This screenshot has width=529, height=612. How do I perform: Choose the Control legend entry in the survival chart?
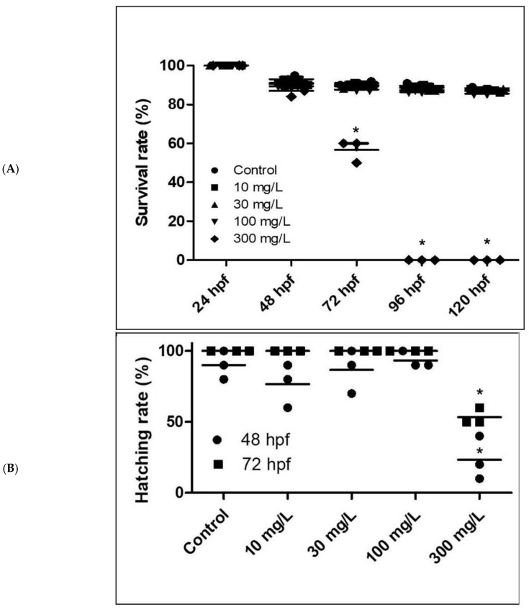coord(252,171)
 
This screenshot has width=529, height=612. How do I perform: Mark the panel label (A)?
coord(31,170)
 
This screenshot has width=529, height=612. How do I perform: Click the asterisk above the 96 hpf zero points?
coord(422,243)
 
